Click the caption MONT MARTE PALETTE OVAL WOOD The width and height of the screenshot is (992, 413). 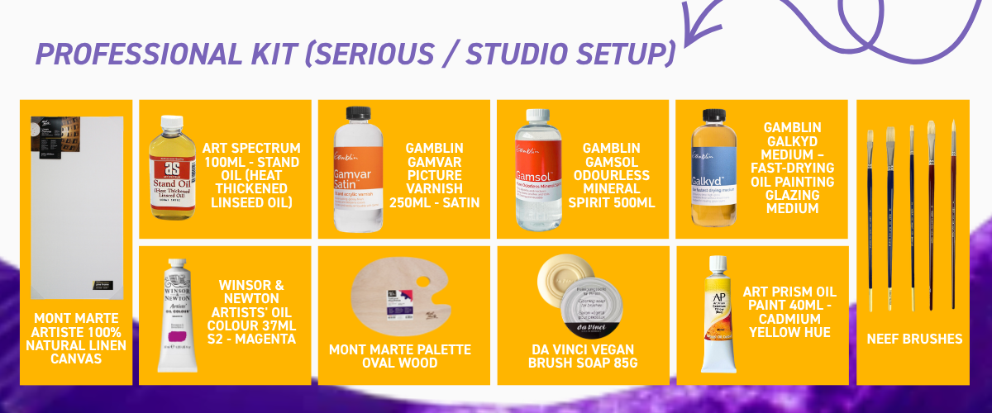coord(400,356)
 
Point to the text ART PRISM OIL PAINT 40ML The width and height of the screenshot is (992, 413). coord(789,299)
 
